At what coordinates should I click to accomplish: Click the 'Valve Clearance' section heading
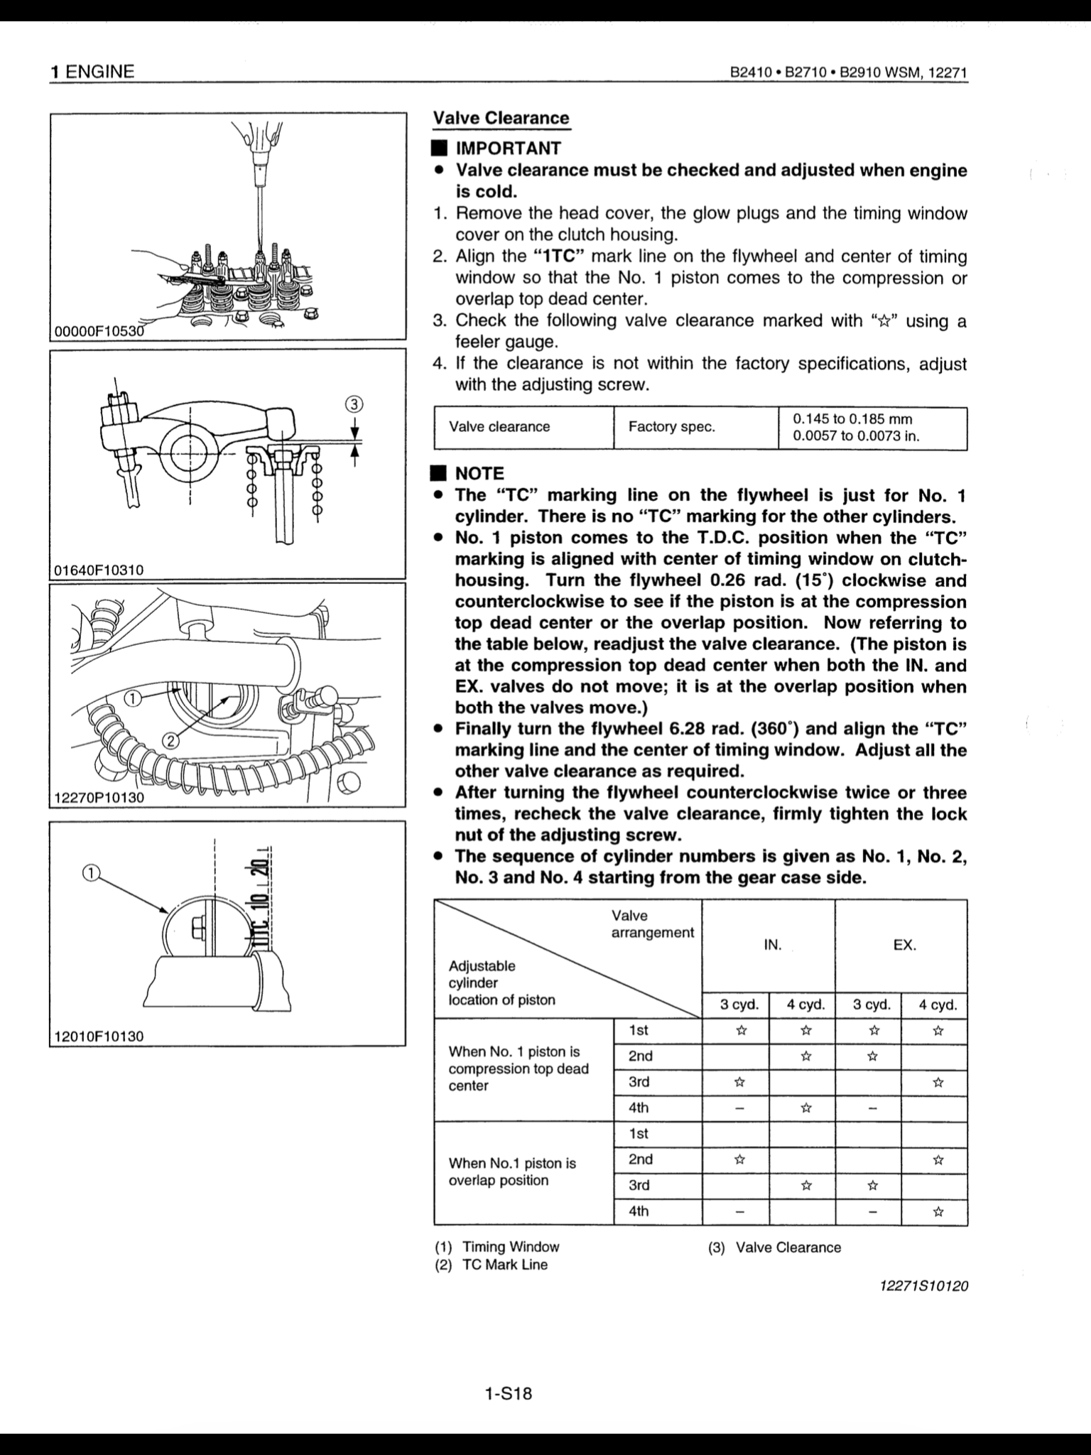coord(501,118)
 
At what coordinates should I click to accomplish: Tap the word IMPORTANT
coord(508,148)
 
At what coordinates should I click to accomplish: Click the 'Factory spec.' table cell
coord(671,427)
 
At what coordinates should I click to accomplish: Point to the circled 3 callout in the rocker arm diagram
coord(354,404)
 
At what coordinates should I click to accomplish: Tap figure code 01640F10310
coord(98,569)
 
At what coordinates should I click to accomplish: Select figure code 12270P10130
coord(98,797)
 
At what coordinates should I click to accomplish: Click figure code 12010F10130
coord(98,1036)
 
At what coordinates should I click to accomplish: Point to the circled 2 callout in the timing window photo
coord(171,742)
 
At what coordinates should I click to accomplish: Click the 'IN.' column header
coord(772,945)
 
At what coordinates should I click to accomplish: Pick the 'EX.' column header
coord(904,945)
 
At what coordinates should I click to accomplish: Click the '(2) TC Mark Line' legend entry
coord(492,1265)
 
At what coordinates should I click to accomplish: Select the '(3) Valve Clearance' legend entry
coord(774,1248)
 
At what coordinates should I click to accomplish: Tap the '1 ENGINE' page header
coord(92,72)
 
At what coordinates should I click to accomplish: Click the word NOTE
coord(479,473)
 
